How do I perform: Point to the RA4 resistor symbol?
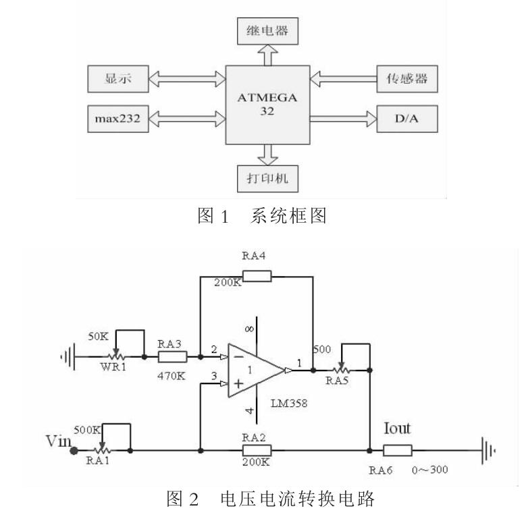[x=257, y=275]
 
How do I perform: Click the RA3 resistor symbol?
[x=172, y=356]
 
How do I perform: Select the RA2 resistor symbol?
[x=257, y=450]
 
